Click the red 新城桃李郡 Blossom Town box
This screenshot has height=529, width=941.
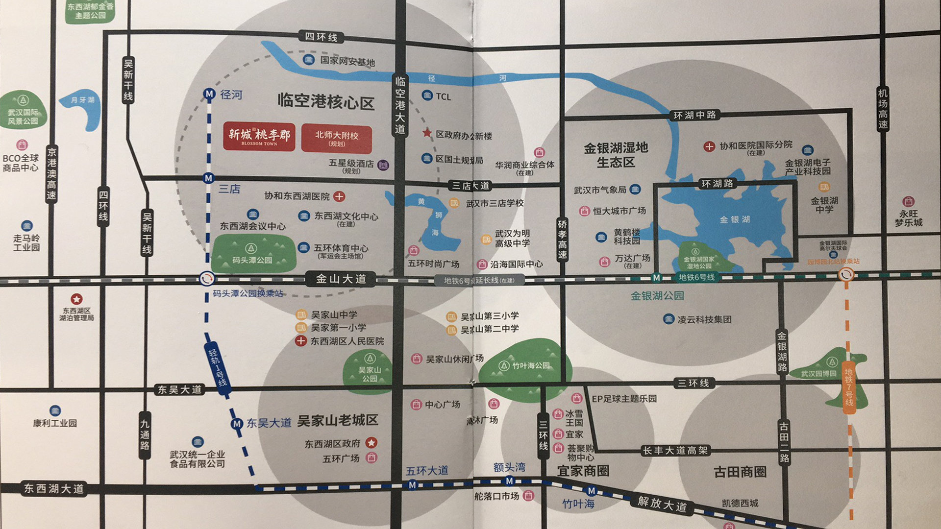coord(259,136)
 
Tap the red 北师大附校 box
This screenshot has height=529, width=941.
coord(336,139)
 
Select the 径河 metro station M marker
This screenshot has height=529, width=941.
coord(209,94)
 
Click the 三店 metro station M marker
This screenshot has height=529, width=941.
coord(209,178)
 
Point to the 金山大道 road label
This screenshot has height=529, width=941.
coord(341,279)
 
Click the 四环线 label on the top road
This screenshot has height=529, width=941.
coord(321,37)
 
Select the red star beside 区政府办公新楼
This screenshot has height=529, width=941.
coord(427,133)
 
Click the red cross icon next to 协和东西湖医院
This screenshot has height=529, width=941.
coord(339,196)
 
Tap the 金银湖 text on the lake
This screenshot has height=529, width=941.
coord(735,219)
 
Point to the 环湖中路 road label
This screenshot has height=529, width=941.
coord(694,115)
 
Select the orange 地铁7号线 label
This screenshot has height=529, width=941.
coord(849,387)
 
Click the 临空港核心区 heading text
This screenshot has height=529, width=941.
coord(326,102)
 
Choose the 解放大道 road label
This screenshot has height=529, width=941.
coord(662,504)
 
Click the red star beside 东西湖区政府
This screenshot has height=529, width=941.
coord(371,443)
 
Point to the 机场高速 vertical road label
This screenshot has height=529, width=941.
coord(882,109)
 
